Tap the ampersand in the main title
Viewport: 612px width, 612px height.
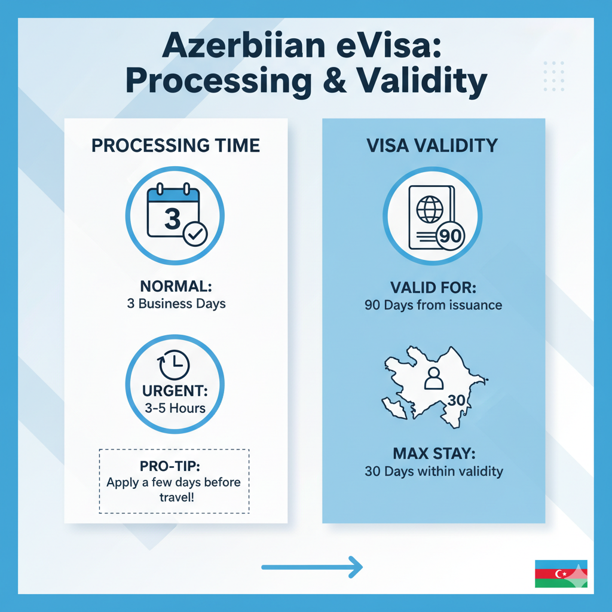click(x=335, y=80)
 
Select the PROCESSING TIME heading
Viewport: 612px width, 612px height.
click(x=176, y=146)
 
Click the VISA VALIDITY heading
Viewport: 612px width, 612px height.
click(x=432, y=146)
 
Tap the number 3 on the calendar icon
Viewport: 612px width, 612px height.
click(x=173, y=219)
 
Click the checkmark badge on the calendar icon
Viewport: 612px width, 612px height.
click(x=195, y=234)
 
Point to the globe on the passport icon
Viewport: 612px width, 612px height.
click(x=430, y=209)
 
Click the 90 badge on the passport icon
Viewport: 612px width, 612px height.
click(x=451, y=235)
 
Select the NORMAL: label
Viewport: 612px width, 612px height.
click(x=176, y=286)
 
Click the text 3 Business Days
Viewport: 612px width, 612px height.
click(x=176, y=304)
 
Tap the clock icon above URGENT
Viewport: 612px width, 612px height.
click(x=174, y=365)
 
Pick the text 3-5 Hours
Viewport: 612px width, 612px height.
click(x=175, y=408)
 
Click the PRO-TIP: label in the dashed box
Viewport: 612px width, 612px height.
click(x=170, y=466)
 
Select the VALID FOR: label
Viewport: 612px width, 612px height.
click(x=433, y=287)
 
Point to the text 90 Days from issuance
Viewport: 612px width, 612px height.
click(x=433, y=305)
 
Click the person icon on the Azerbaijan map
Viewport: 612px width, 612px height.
click(x=434, y=378)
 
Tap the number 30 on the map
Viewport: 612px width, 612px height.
click(x=456, y=400)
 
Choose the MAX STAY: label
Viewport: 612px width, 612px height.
click(x=434, y=454)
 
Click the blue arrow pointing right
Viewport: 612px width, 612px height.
click(x=312, y=567)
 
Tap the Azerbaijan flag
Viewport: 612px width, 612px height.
click(x=561, y=574)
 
